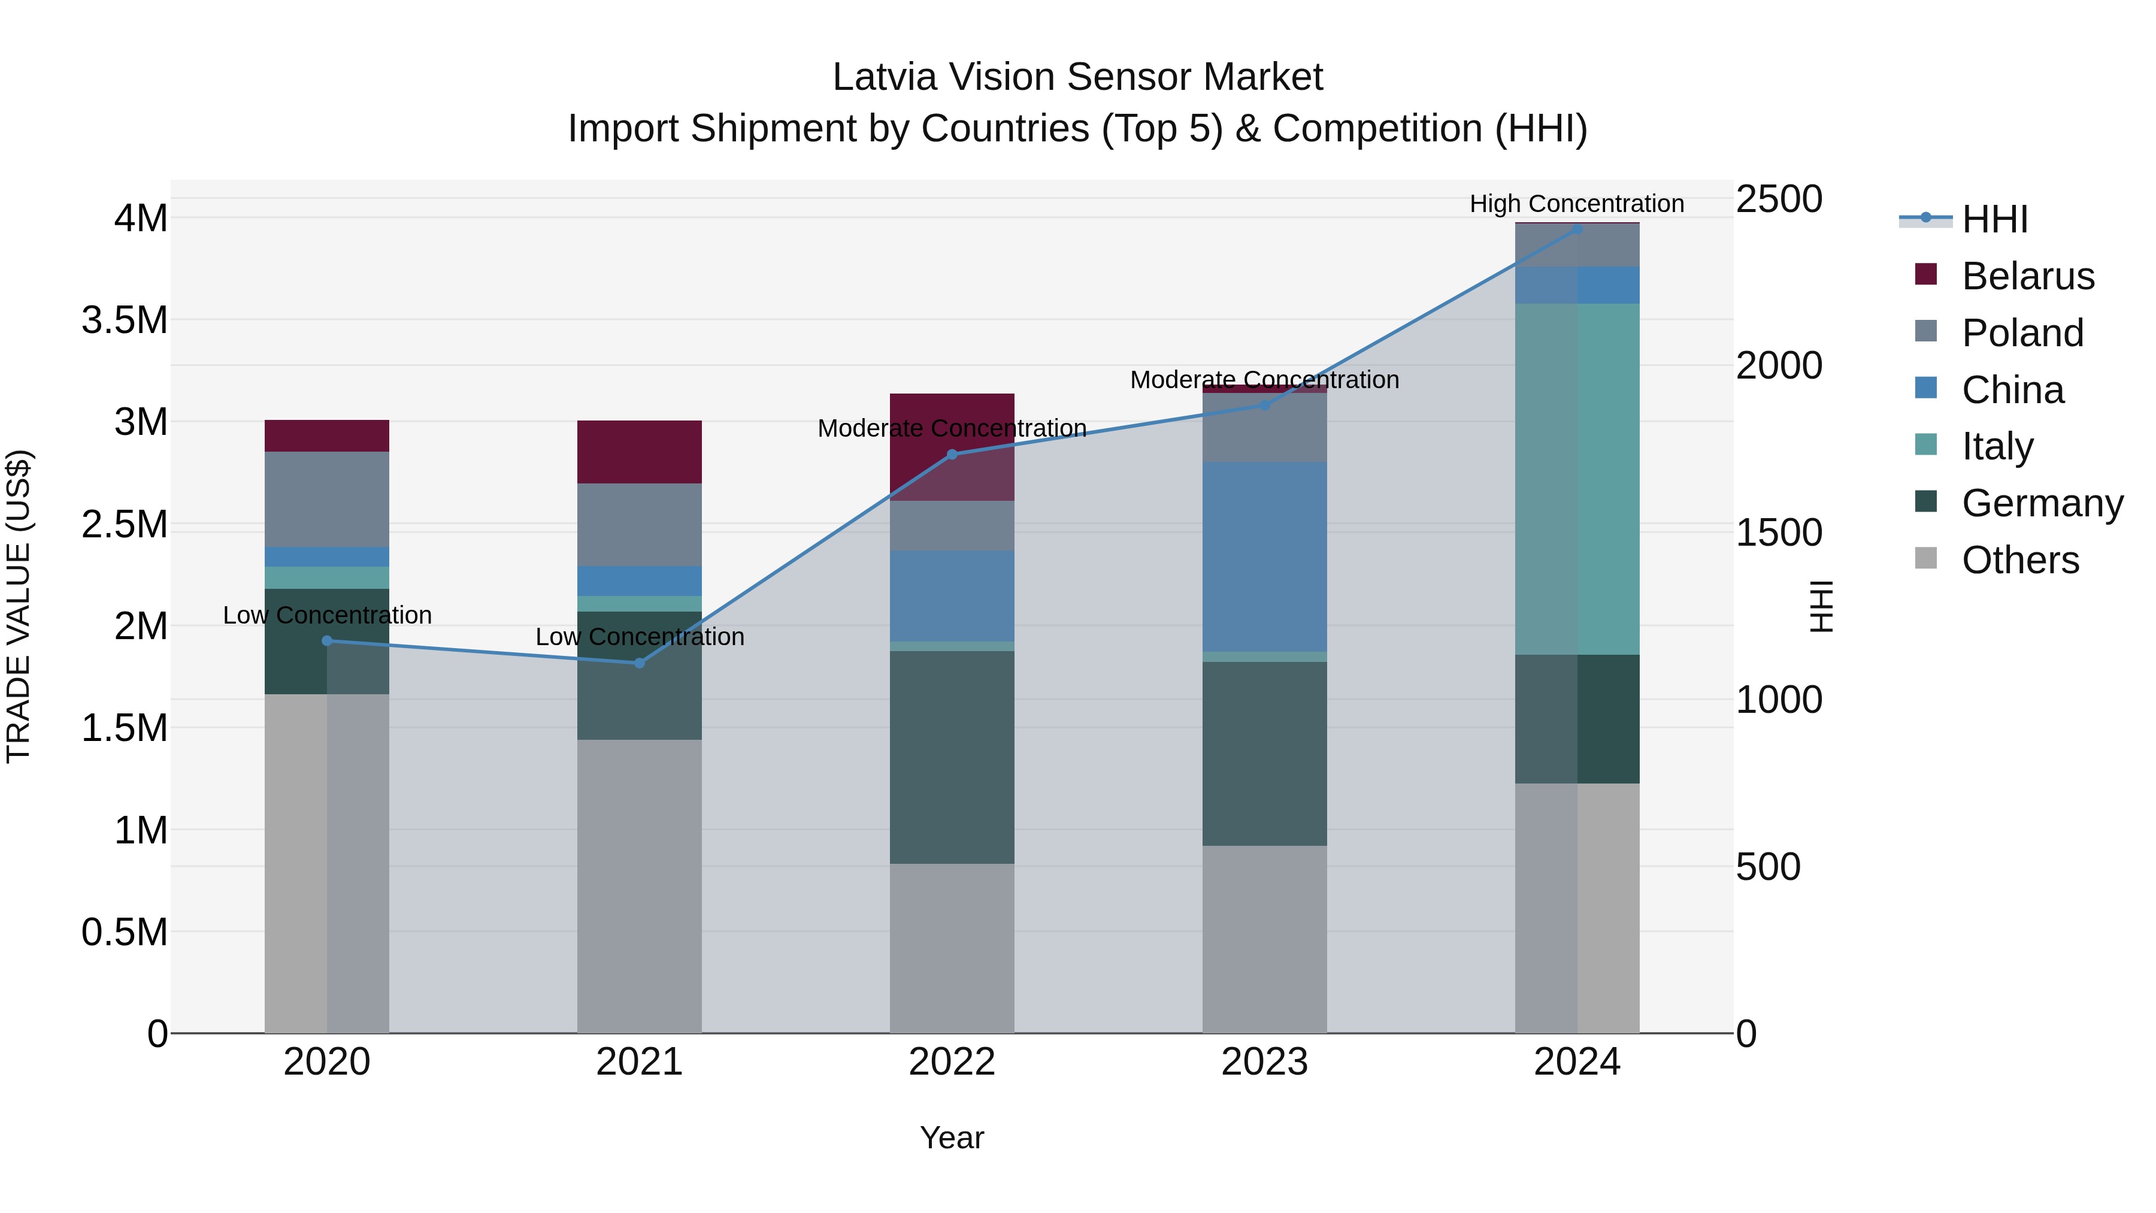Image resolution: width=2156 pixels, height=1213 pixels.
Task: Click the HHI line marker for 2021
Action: (x=640, y=663)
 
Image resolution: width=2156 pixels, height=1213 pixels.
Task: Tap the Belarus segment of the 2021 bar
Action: (x=640, y=452)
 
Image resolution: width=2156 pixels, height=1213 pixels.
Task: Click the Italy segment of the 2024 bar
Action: (x=1577, y=479)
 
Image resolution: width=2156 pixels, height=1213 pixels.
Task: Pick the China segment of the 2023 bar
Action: (x=1265, y=556)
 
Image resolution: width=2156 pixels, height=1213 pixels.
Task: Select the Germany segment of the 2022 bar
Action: (x=952, y=758)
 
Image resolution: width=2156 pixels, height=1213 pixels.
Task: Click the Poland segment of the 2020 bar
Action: (x=326, y=499)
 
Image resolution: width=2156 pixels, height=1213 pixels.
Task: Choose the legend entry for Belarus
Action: (x=2027, y=276)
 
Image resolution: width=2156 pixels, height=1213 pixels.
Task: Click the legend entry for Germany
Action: (x=2042, y=503)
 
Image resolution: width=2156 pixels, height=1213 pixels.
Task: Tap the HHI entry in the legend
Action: (x=1994, y=219)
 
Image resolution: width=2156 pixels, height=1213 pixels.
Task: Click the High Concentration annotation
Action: (x=1577, y=204)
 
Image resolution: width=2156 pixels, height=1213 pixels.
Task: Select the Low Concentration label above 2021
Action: (x=640, y=637)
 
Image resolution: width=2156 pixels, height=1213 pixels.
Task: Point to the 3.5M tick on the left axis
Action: (x=125, y=320)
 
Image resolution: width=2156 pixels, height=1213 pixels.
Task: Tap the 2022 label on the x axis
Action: (x=952, y=1062)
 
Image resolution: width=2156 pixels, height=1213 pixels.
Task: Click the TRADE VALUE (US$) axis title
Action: (x=19, y=606)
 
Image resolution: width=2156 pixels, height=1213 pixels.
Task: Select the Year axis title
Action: (x=952, y=1138)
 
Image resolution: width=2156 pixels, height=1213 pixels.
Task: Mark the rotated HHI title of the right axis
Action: (x=1821, y=606)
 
